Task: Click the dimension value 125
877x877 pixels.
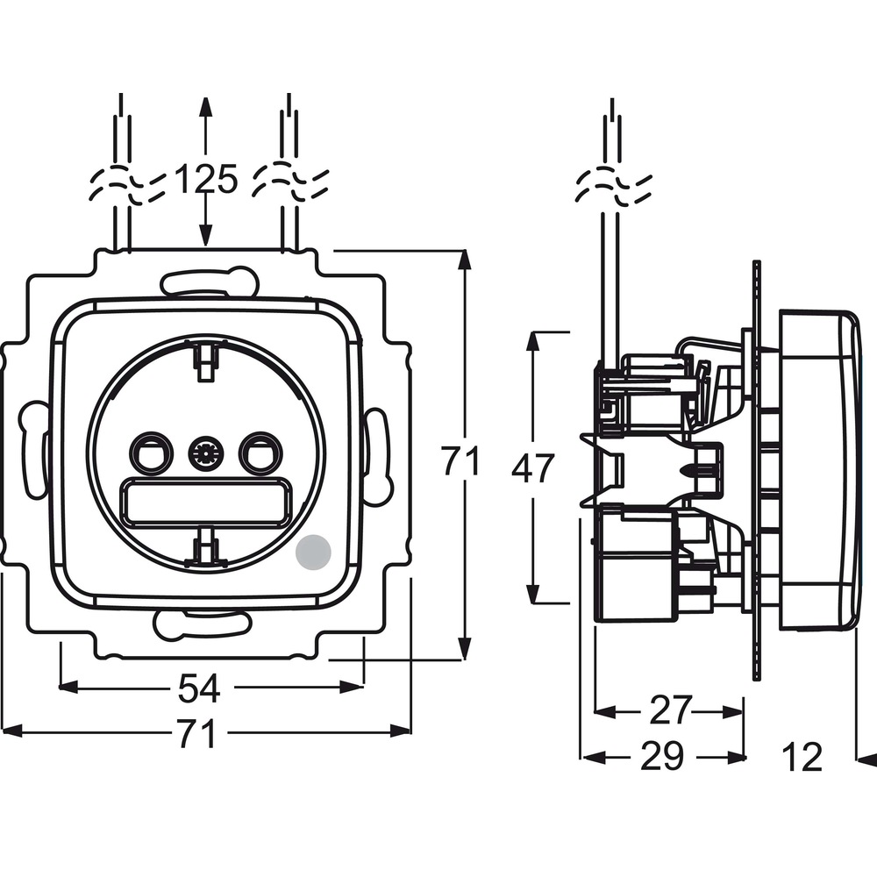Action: click(206, 180)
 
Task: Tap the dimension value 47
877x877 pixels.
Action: click(533, 467)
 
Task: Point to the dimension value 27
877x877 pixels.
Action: click(672, 711)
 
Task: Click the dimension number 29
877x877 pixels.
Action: click(662, 756)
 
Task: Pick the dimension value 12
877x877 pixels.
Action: click(802, 757)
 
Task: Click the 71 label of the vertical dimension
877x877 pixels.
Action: click(460, 460)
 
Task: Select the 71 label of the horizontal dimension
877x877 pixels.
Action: click(196, 734)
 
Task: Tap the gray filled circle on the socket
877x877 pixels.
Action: click(314, 551)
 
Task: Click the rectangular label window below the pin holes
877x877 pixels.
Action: click(205, 503)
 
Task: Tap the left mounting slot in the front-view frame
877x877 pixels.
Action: click(33, 448)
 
